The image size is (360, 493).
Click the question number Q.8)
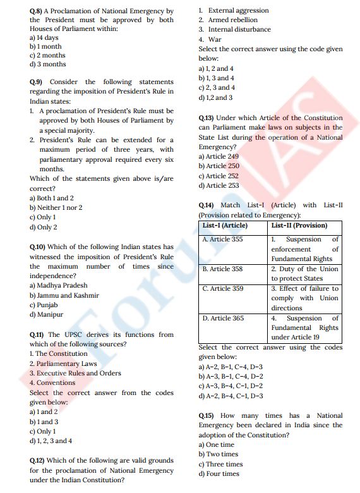pyautogui.click(x=36, y=11)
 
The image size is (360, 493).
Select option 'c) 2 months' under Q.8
pyautogui.click(x=47, y=55)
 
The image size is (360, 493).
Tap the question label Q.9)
pyautogui.click(x=36, y=82)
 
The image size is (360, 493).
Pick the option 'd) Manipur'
pyautogui.click(x=46, y=314)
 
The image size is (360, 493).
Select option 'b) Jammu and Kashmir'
pyautogui.click(x=64, y=295)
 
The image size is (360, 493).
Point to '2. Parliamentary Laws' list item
pyautogui.click(x=63, y=363)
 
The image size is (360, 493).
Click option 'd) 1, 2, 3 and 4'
pyautogui.click(x=51, y=441)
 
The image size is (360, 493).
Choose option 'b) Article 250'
pyautogui.click(x=219, y=166)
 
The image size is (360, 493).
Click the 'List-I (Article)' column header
pyautogui.click(x=225, y=226)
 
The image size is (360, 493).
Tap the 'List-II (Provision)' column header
pyautogui.click(x=299, y=226)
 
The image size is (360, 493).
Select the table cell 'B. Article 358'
pyautogui.click(x=222, y=269)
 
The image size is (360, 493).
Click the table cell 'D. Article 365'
pyautogui.click(x=223, y=319)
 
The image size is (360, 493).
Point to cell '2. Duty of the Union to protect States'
pyautogui.click(x=305, y=274)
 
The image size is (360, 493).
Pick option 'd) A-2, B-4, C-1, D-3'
pyautogui.click(x=231, y=396)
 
